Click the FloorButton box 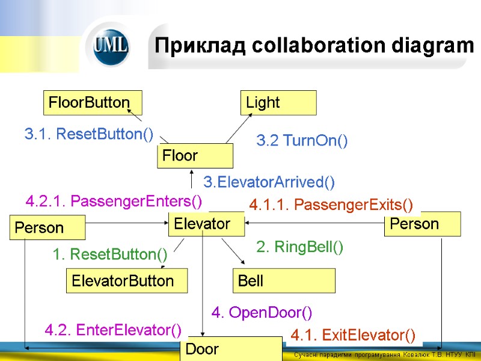click(x=93, y=102)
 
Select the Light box click(x=278, y=102)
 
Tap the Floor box click(x=195, y=156)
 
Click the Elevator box click(x=206, y=224)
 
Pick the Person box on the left click(x=47, y=228)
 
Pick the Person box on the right click(x=422, y=224)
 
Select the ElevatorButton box click(x=126, y=280)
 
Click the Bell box click(x=284, y=280)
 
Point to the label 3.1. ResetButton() click(x=89, y=134)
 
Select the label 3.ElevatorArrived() click(x=269, y=181)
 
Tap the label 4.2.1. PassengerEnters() click(x=114, y=200)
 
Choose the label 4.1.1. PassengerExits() click(x=331, y=205)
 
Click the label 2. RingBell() click(x=300, y=247)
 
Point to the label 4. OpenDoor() click(x=262, y=313)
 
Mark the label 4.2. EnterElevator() click(x=113, y=330)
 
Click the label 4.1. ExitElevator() click(x=353, y=335)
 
